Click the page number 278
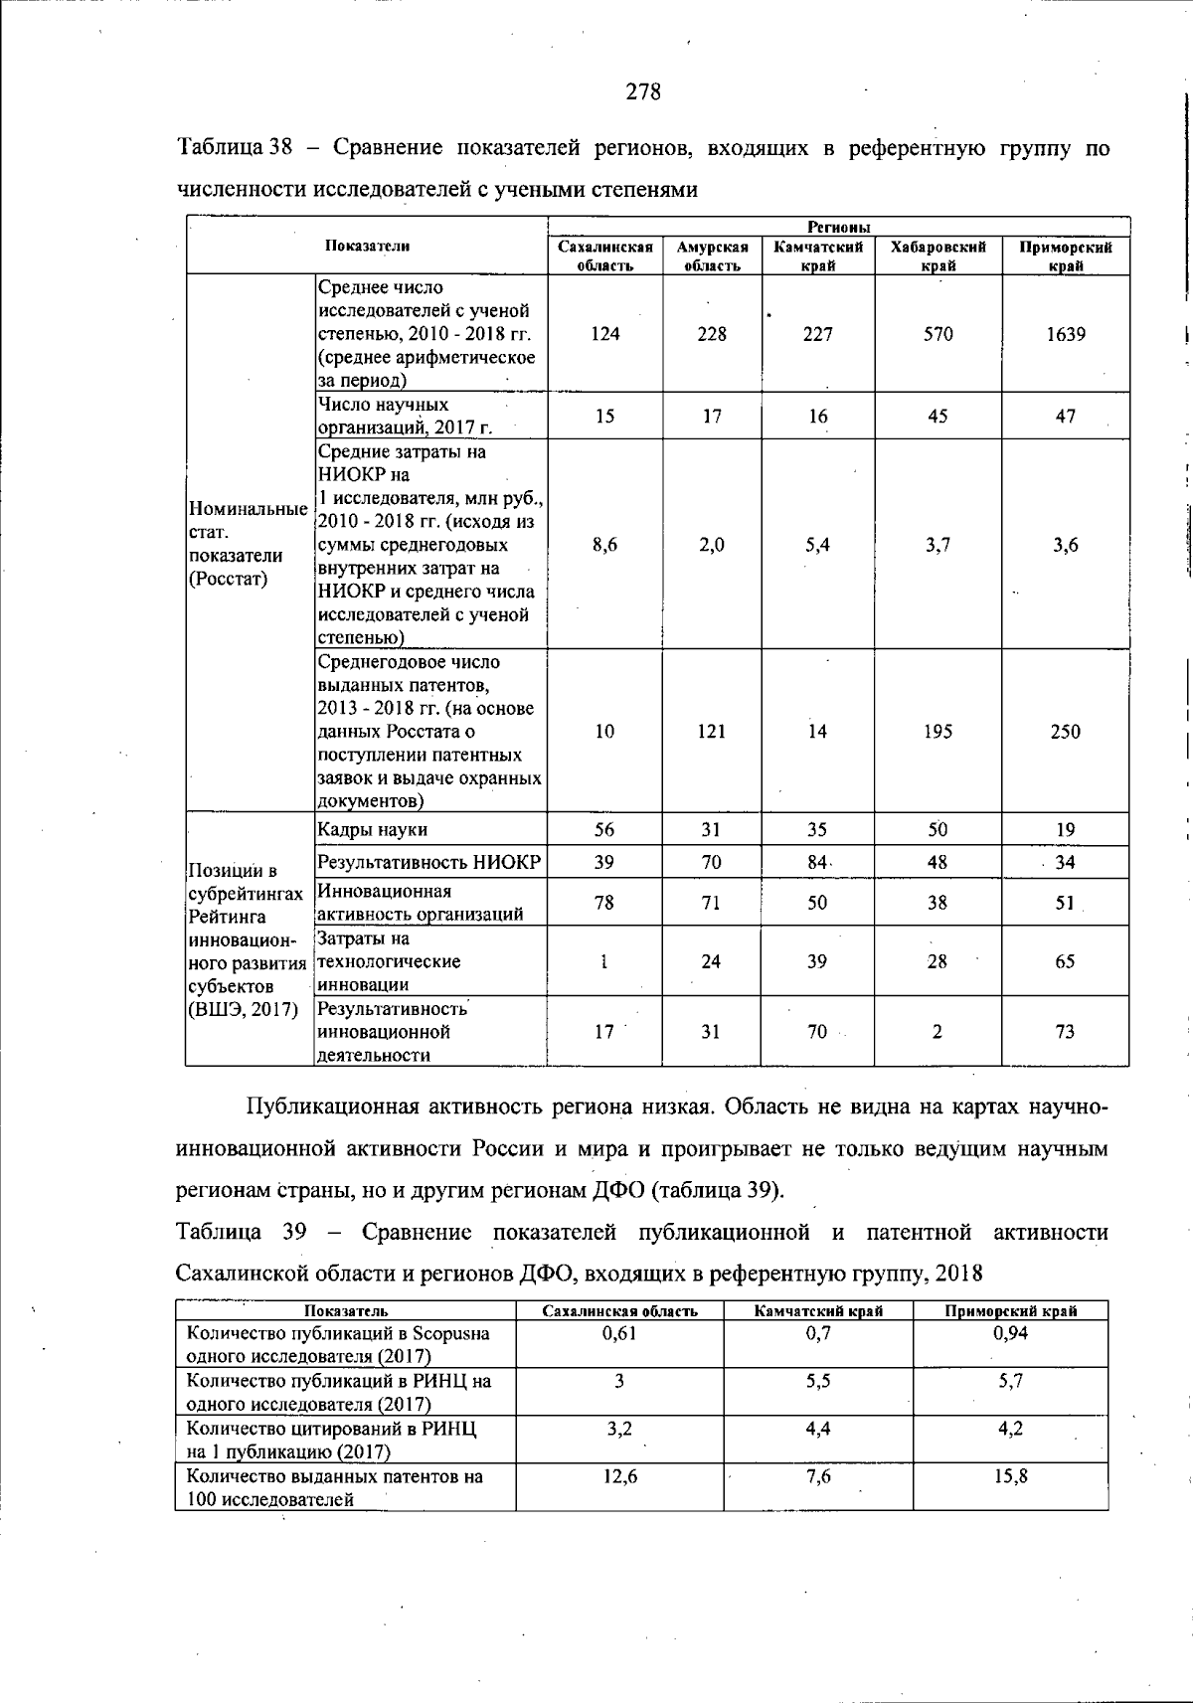pyautogui.click(x=643, y=92)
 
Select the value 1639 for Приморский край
pyautogui.click(x=1065, y=334)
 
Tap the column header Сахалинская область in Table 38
pyautogui.click(x=604, y=255)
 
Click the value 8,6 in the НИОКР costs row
pyautogui.click(x=604, y=545)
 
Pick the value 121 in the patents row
pyautogui.click(x=711, y=732)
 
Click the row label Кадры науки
pyautogui.click(x=373, y=829)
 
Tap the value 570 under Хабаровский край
pyautogui.click(x=937, y=334)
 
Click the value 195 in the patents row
pyautogui.click(x=937, y=732)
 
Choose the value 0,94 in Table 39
pyautogui.click(x=1010, y=1333)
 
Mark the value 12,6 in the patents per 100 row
pyautogui.click(x=619, y=1476)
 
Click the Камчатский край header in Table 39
pyautogui.click(x=818, y=1311)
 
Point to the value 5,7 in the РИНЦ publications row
pyautogui.click(x=1010, y=1381)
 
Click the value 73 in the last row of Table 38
pyautogui.click(x=1065, y=1032)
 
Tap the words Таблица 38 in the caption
pyautogui.click(x=235, y=150)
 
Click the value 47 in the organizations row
pyautogui.click(x=1065, y=417)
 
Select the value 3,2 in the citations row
pyautogui.click(x=619, y=1429)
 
